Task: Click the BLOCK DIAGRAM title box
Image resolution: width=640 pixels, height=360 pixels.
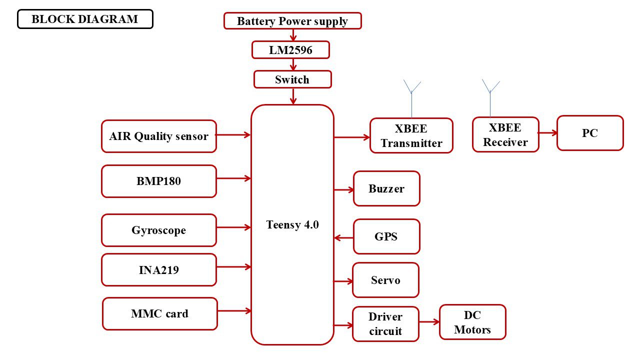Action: click(85, 19)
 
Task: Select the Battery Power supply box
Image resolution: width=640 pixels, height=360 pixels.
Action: click(292, 21)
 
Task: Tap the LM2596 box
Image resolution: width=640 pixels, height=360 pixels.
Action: click(290, 50)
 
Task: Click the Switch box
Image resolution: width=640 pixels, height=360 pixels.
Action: click(292, 79)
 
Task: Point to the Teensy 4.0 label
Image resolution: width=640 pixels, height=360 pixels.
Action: click(292, 225)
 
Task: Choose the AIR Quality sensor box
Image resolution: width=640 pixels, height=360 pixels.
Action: click(159, 136)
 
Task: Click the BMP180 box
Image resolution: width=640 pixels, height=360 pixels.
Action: click(159, 181)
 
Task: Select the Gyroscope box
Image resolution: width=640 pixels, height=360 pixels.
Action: click(159, 230)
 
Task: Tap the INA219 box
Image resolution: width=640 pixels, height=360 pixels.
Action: click(159, 269)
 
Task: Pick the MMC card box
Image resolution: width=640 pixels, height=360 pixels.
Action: click(160, 313)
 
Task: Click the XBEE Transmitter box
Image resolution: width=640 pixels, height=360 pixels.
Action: click(411, 135)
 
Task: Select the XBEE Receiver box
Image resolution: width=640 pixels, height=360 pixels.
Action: click(505, 134)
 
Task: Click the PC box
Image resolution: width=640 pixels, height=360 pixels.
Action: click(590, 133)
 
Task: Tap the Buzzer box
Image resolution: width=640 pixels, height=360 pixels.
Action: click(386, 188)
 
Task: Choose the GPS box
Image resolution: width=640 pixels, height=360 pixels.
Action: click(386, 236)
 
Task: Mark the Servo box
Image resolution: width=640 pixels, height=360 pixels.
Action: click(385, 280)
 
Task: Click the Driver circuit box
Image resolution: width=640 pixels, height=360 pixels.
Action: click(385, 324)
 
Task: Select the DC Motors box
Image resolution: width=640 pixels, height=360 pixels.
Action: click(472, 322)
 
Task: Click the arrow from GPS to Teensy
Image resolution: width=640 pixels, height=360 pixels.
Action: click(343, 237)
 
